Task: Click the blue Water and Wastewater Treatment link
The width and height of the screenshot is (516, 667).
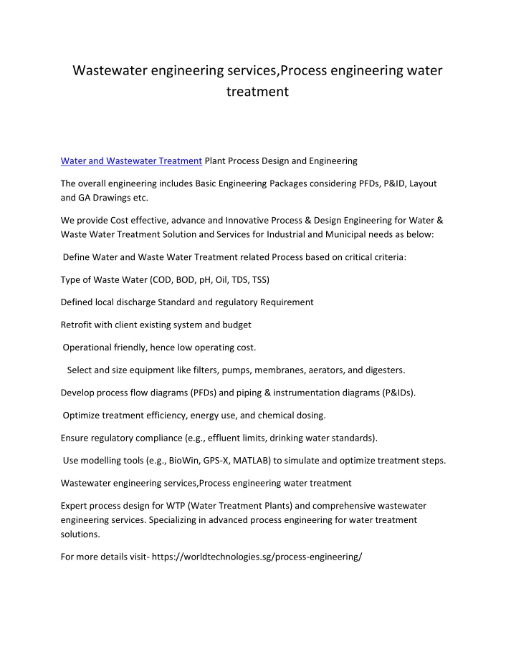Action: click(130, 161)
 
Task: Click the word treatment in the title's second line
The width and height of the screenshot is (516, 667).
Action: click(257, 92)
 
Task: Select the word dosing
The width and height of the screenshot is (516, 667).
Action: click(310, 415)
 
